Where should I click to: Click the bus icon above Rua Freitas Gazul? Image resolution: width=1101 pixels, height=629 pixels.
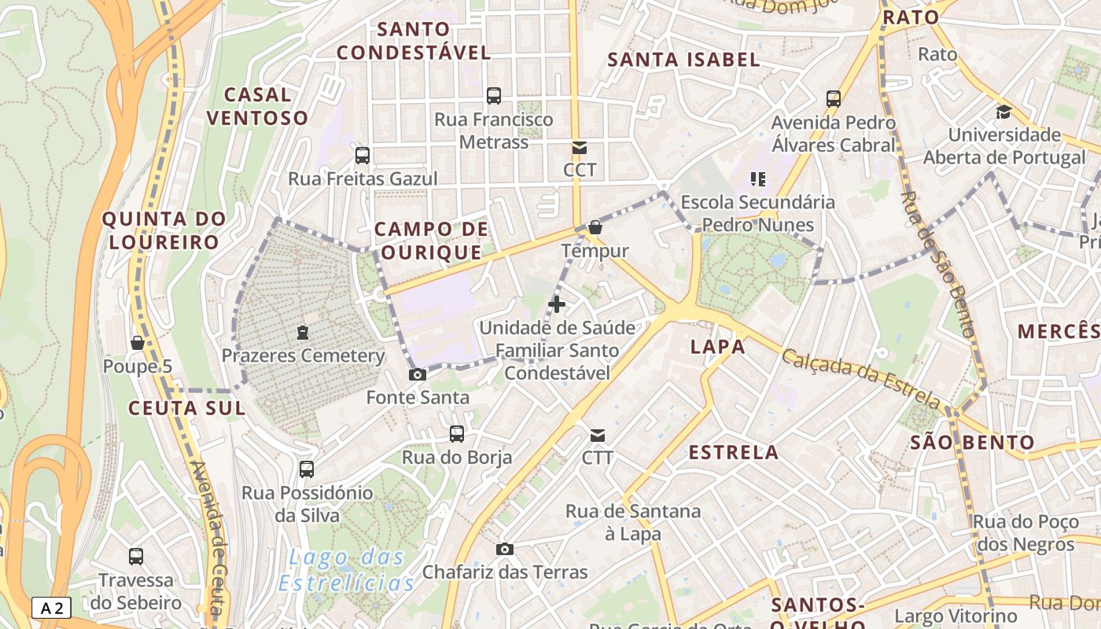(x=362, y=155)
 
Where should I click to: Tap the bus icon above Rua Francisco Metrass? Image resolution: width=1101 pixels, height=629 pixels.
(x=494, y=96)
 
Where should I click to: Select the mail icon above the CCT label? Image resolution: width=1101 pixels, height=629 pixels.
(x=580, y=147)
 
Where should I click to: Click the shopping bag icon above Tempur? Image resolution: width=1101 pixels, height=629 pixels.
(x=595, y=227)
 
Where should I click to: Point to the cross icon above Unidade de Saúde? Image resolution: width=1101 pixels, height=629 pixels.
(x=557, y=303)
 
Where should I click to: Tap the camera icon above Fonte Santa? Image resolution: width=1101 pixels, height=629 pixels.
(x=418, y=374)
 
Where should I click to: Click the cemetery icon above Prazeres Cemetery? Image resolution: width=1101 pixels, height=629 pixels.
(x=303, y=333)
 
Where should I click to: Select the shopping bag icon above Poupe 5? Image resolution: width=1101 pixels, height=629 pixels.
(x=138, y=343)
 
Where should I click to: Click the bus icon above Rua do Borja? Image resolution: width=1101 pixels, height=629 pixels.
(x=456, y=434)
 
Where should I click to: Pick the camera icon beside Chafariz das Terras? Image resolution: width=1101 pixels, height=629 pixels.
(x=505, y=549)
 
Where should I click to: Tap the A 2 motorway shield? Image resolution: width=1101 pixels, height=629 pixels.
(x=52, y=608)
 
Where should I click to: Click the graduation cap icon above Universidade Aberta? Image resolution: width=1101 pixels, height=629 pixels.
(x=1003, y=112)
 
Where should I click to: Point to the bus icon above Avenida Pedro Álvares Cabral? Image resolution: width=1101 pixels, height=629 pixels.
(x=834, y=99)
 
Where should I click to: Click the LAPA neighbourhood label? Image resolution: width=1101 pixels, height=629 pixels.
(x=717, y=347)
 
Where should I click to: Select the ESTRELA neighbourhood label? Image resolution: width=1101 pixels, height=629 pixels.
(x=734, y=452)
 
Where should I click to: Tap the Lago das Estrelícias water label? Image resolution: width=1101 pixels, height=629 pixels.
(x=346, y=571)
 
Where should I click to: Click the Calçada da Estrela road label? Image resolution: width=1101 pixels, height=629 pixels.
(x=861, y=380)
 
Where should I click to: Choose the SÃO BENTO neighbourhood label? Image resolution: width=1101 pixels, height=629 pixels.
(x=972, y=442)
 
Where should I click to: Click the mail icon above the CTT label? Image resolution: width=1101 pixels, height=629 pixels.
(x=598, y=435)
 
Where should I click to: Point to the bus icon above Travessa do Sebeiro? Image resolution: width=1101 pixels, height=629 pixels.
(x=136, y=557)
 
